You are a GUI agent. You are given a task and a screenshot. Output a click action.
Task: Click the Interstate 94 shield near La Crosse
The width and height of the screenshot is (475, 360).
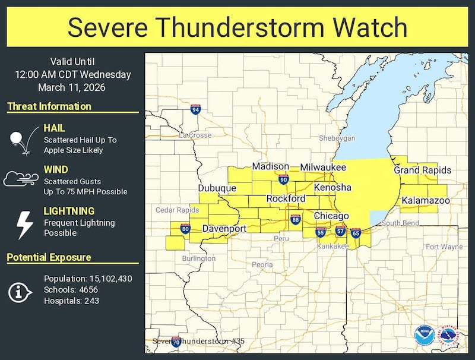point(196,109)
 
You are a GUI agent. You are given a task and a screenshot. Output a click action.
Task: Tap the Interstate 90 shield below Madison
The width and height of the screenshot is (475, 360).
point(283,179)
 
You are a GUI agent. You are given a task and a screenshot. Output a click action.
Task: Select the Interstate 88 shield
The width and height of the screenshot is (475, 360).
point(295,220)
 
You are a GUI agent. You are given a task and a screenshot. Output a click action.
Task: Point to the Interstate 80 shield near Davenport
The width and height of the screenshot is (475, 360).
point(185,228)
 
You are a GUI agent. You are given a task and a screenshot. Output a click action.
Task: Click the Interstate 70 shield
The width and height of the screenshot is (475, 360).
point(176,342)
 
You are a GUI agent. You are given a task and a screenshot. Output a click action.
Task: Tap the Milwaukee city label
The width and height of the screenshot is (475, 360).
point(322,168)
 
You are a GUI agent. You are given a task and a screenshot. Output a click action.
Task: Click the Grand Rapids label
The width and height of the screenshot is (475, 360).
point(422,170)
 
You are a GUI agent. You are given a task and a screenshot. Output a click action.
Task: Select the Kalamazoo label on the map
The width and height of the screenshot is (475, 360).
point(425,201)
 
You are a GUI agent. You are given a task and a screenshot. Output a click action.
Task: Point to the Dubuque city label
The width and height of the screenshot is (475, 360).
point(217,188)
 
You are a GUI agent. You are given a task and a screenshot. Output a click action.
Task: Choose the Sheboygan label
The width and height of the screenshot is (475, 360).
point(337,138)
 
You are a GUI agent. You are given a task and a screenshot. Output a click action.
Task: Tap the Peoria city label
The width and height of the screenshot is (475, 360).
point(262,264)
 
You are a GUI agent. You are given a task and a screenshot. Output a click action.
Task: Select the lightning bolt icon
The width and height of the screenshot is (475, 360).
point(23,224)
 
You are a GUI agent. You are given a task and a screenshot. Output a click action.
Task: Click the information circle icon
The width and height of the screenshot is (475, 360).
point(20,291)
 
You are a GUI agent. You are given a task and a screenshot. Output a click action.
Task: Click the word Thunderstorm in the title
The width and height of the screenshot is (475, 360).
point(248,27)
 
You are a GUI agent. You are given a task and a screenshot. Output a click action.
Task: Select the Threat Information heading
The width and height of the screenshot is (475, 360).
point(49,106)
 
